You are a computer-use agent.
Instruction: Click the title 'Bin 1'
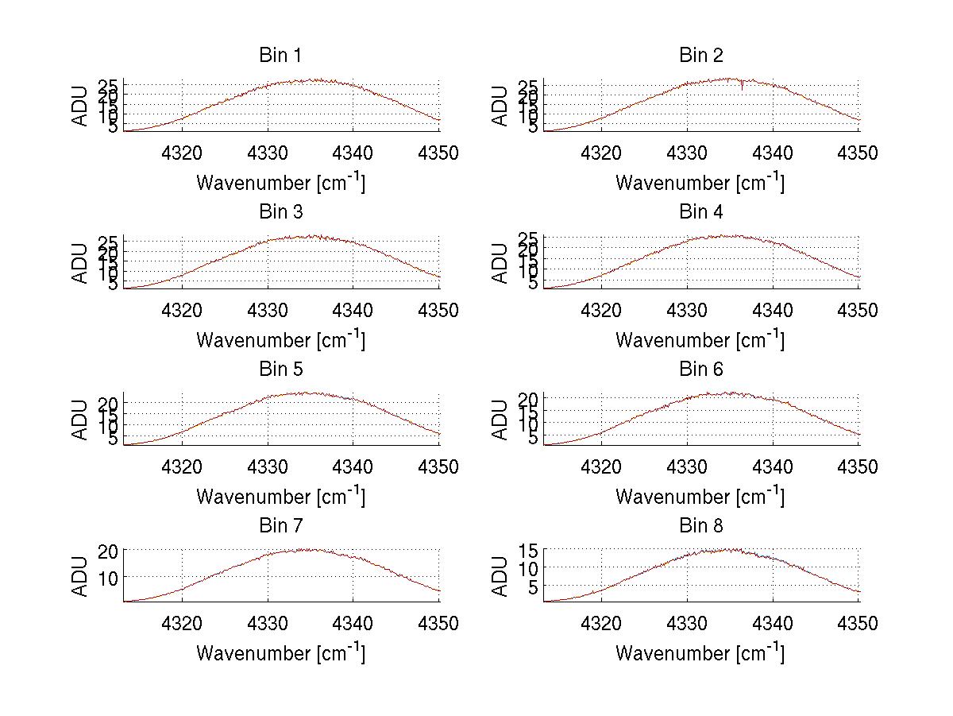280,56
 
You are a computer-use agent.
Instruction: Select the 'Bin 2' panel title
700,56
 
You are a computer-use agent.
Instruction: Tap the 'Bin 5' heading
280,370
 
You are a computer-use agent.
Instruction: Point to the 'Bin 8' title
700,526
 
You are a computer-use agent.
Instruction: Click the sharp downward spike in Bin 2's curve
742,86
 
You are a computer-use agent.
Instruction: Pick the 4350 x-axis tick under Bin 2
858,153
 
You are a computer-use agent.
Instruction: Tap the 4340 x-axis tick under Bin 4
773,310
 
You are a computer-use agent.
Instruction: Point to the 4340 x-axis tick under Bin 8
773,624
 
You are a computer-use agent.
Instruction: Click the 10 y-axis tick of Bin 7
109,576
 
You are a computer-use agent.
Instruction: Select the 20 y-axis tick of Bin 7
109,550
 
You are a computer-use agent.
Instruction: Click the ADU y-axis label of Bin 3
81,263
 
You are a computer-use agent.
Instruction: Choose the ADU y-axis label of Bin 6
500,420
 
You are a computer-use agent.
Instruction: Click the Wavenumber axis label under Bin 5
280,497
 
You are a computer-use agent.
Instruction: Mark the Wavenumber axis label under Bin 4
700,339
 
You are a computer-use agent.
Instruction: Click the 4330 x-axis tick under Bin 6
687,467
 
